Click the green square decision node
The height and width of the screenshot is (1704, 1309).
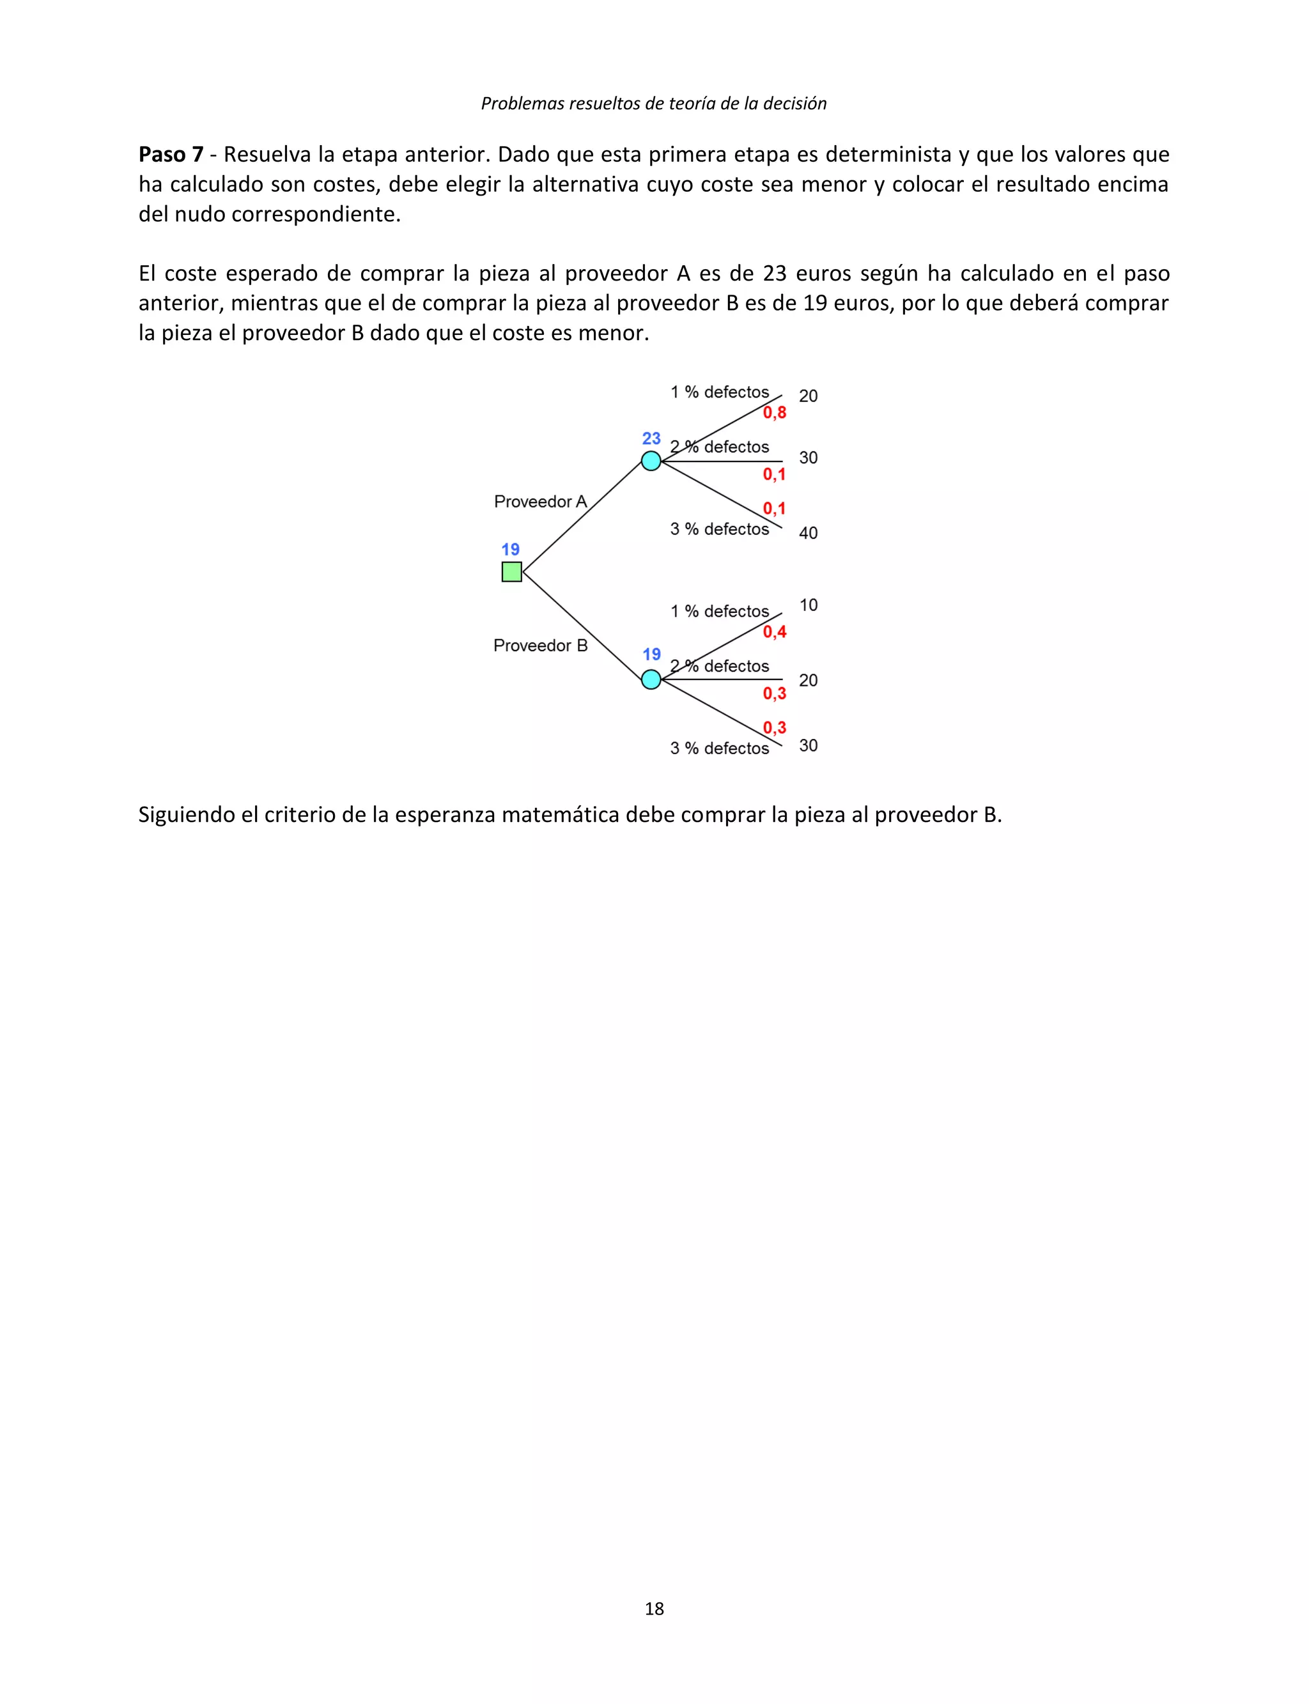[511, 572]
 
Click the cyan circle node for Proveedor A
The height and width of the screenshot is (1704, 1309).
[651, 461]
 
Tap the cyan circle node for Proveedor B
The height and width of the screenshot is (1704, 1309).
[651, 680]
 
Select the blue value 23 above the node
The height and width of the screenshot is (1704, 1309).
[651, 438]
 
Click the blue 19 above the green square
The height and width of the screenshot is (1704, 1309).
[510, 549]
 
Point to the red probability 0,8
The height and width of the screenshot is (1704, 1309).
[775, 413]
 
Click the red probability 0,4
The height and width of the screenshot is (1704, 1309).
[775, 632]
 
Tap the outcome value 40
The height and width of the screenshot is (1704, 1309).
[808, 533]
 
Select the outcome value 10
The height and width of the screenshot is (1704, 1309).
[808, 605]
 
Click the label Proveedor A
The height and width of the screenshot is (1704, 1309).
[540, 502]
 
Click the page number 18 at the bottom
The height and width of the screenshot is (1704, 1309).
[654, 1608]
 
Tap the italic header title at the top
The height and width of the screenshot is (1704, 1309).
[654, 104]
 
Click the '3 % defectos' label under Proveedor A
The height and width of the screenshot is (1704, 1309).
[719, 529]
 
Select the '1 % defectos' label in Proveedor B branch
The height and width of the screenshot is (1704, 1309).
[719, 612]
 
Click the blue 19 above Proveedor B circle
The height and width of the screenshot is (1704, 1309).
[651, 654]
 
